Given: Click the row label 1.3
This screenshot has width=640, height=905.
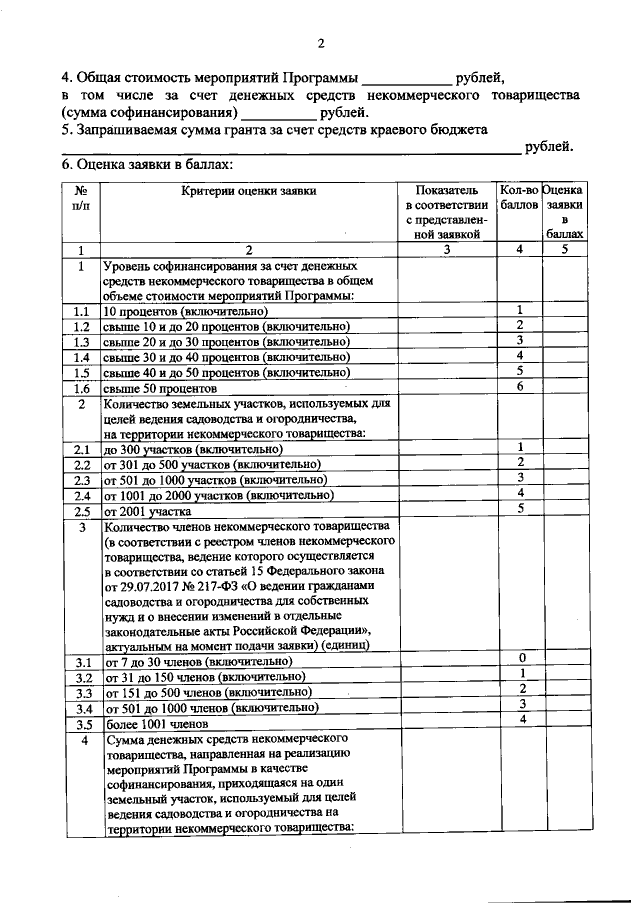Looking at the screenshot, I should [82, 341].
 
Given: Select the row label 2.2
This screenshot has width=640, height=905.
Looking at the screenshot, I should [82, 464].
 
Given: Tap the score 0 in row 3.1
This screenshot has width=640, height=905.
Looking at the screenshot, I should [521, 657].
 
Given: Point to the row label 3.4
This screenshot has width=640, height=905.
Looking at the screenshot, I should [82, 708].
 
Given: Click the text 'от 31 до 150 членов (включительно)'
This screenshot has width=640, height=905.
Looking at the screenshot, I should [201, 677].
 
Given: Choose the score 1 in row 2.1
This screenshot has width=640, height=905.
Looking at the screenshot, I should [521, 446].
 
